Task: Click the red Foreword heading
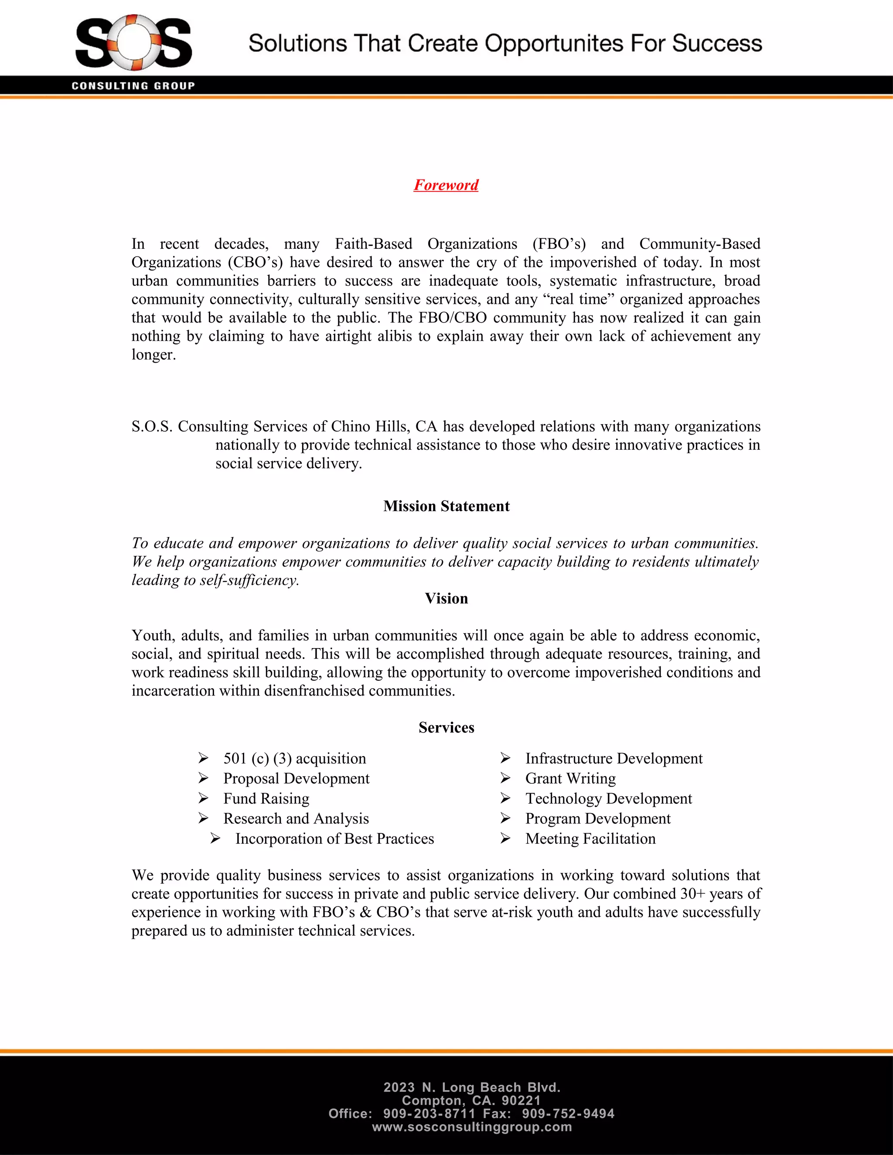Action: [x=446, y=185]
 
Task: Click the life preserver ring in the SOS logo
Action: [x=134, y=42]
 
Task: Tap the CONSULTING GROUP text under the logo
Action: [x=133, y=86]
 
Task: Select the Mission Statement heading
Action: [x=446, y=506]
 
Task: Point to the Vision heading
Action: [x=446, y=599]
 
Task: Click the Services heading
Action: [x=446, y=728]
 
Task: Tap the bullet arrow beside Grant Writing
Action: [x=505, y=778]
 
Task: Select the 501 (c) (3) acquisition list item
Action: [x=295, y=758]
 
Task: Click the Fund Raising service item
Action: [x=266, y=798]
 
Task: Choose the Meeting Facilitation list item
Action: [x=590, y=839]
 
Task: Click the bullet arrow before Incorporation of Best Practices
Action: [x=215, y=839]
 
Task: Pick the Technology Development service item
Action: [x=608, y=798]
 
